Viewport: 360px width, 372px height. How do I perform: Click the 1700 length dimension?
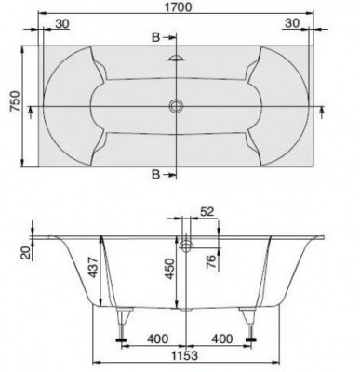[x=178, y=7]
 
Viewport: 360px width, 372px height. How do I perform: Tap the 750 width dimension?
[x=15, y=101]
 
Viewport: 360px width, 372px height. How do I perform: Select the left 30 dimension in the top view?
[x=62, y=23]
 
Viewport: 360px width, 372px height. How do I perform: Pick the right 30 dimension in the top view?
[x=292, y=23]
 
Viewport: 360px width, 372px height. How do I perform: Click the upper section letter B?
[x=155, y=37]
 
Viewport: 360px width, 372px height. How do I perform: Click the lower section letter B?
[x=155, y=175]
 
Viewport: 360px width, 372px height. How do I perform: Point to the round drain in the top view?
[x=176, y=106]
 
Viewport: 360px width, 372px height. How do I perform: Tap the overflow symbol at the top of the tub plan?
[x=176, y=58]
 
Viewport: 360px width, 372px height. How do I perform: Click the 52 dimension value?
[x=207, y=212]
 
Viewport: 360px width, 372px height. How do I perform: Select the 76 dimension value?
[x=210, y=262]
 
